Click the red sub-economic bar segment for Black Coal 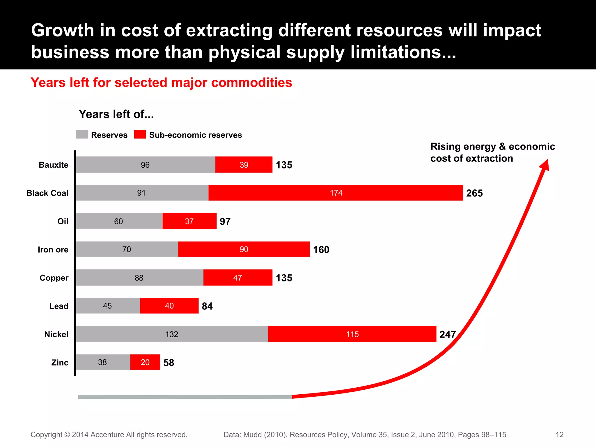[x=336, y=193]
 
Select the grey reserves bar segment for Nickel [x=172, y=334]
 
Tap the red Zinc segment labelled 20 [x=145, y=362]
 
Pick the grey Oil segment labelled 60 [x=119, y=221]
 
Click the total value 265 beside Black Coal [x=474, y=193]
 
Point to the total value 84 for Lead [x=207, y=306]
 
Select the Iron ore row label [x=53, y=250]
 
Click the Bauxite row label [x=54, y=165]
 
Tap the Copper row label [x=54, y=278]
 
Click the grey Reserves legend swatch [x=82, y=134]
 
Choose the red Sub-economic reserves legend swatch [x=140, y=134]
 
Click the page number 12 [x=559, y=434]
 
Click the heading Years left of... [x=116, y=114]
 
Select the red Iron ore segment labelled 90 [x=244, y=249]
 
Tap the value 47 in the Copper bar [x=237, y=278]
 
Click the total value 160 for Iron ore [x=321, y=250]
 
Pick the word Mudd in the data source [x=252, y=434]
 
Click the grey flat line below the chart [x=185, y=397]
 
